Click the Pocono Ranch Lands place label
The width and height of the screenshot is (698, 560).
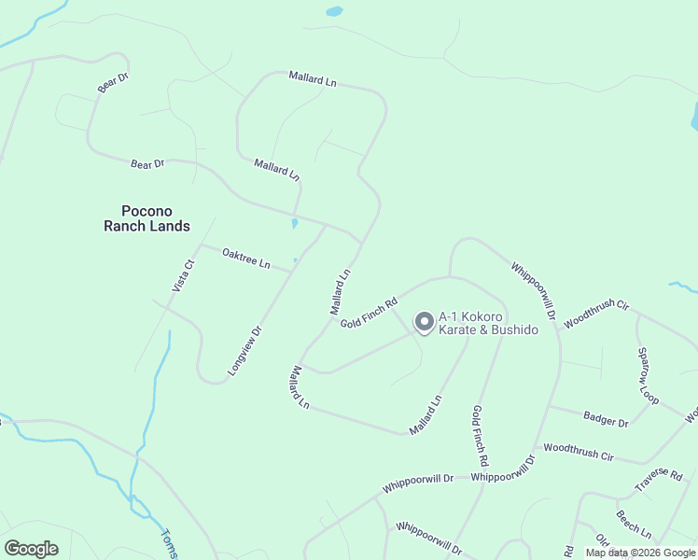tap(146, 218)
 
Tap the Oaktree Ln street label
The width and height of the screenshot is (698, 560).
tap(246, 259)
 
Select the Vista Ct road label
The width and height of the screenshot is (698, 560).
tap(183, 276)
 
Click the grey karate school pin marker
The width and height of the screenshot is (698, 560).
tap(425, 322)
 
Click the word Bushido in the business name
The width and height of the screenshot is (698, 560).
tap(510, 330)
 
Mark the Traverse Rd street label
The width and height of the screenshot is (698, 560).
tap(659, 481)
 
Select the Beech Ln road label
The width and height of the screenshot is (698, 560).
tap(634, 524)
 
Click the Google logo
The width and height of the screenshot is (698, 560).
tap(31, 549)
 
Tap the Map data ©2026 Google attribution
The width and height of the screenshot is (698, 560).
tap(640, 553)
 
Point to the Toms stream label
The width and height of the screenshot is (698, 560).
tap(169, 544)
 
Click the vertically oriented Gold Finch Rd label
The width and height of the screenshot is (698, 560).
tap(480, 436)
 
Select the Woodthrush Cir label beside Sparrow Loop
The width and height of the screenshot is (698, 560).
tap(597, 312)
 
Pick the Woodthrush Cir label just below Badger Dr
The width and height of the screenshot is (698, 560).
tap(579, 452)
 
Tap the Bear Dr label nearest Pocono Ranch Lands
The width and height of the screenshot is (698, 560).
tap(147, 164)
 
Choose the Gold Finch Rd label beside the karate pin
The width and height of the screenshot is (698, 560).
tap(369, 313)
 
